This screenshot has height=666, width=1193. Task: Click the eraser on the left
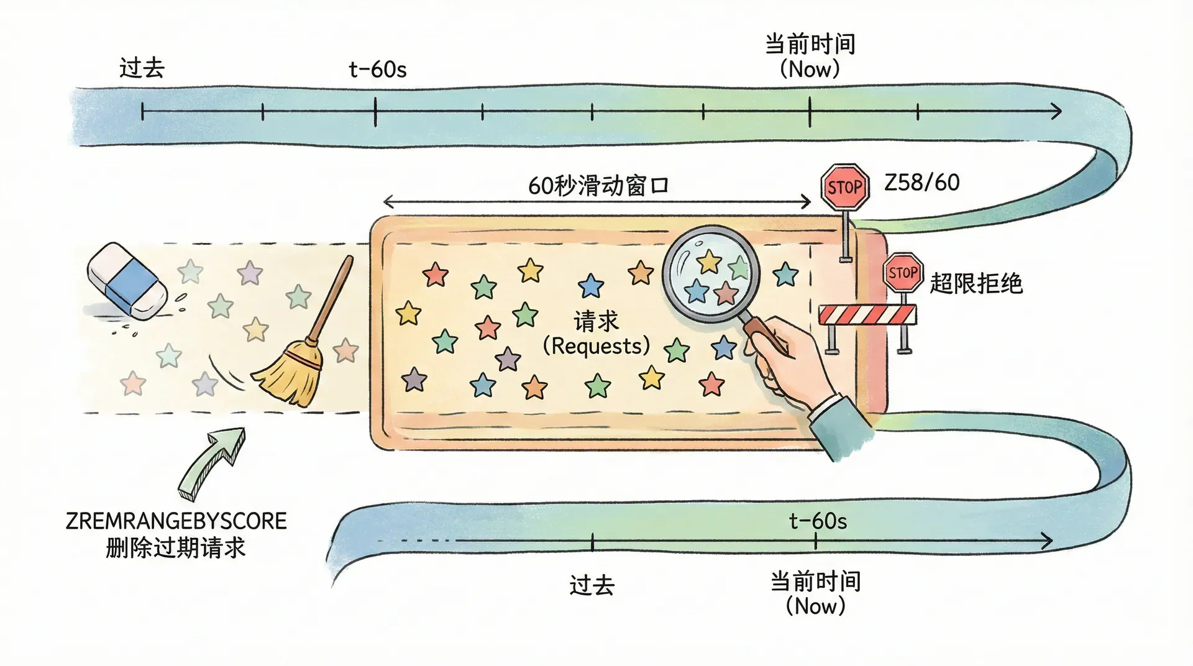pyautogui.click(x=127, y=281)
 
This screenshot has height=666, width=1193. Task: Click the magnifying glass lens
pyautogui.click(x=711, y=273)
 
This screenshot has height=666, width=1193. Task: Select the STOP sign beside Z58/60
pyautogui.click(x=844, y=187)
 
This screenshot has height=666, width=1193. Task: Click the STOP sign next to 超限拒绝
pyautogui.click(x=903, y=273)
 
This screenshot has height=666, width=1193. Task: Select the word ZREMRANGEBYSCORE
pyautogui.click(x=176, y=521)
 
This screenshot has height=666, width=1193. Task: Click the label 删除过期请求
pyautogui.click(x=176, y=548)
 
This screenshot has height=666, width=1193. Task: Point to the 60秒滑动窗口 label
pyautogui.click(x=598, y=185)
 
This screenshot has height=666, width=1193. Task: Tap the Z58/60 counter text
pyautogui.click(x=922, y=183)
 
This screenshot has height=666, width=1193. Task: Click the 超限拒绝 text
pyautogui.click(x=976, y=283)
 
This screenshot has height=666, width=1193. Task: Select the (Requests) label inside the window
pyautogui.click(x=596, y=346)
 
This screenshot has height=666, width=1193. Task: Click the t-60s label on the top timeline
pyautogui.click(x=378, y=70)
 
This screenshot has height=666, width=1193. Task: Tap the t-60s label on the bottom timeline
pyautogui.click(x=818, y=521)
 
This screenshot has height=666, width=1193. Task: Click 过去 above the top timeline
pyautogui.click(x=142, y=68)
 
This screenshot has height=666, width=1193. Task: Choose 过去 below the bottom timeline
pyautogui.click(x=592, y=585)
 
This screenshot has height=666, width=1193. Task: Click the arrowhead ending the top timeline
pyautogui.click(x=1056, y=112)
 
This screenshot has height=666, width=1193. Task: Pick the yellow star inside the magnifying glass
pyautogui.click(x=709, y=262)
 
